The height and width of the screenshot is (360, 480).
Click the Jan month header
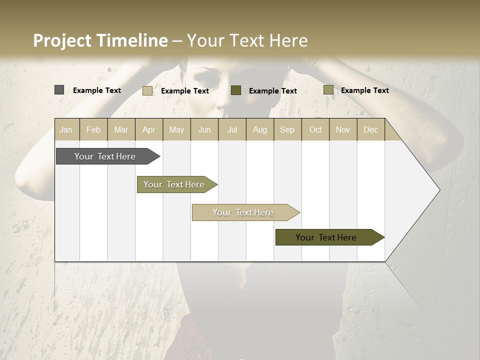point(66,129)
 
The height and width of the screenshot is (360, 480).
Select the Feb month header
point(93,129)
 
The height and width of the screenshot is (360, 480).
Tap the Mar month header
point(121,129)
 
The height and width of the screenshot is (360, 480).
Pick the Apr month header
point(149,129)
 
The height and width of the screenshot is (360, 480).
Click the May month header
point(176,129)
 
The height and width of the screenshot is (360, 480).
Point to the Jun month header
point(204,129)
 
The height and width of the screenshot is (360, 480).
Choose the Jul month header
point(232,129)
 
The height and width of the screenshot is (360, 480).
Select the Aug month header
point(260,129)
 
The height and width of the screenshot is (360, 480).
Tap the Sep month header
point(287,129)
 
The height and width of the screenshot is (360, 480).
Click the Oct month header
point(315,129)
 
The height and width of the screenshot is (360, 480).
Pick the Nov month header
point(343,129)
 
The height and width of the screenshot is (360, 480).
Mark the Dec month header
point(371,129)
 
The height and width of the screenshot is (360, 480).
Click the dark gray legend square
point(59,90)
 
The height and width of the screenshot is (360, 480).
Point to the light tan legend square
point(147,90)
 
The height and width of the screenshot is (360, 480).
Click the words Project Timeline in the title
point(100,40)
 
